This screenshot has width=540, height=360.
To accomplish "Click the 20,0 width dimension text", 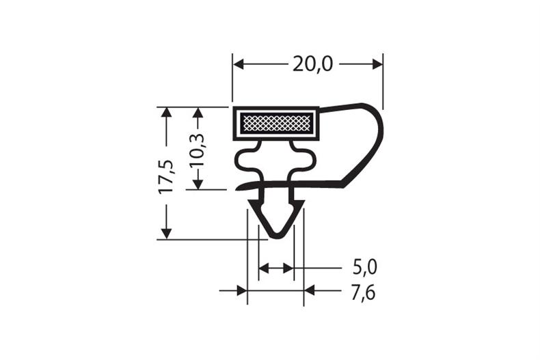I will [x=313, y=64].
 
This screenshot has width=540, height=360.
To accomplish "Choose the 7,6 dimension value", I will [x=364, y=292].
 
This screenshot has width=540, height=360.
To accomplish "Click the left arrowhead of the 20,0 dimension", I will [x=239, y=64].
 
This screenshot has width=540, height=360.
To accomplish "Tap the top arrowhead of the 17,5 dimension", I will [x=165, y=113].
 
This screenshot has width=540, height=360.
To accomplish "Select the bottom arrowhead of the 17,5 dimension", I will [x=165, y=233].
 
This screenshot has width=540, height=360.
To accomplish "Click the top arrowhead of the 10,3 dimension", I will [x=198, y=113].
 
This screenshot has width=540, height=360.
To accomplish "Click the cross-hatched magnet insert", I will [x=276, y=124].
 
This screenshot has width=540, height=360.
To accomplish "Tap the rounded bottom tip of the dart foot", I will [x=276, y=235].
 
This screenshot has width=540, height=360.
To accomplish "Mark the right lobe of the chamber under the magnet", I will [x=308, y=161].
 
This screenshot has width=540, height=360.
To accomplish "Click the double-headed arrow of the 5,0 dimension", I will [x=276, y=268].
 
